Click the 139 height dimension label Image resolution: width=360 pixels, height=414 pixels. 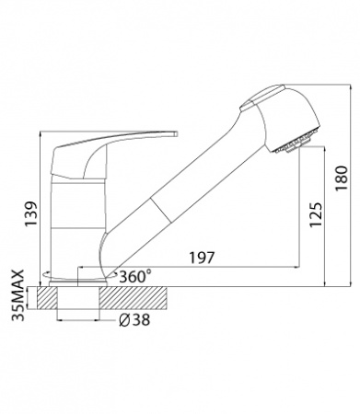[31, 214]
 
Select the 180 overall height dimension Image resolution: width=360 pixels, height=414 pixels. [342, 178]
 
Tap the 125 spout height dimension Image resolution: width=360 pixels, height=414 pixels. [316, 215]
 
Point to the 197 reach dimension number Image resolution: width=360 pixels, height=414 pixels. [201, 258]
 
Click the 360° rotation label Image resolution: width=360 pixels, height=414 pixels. [135, 277]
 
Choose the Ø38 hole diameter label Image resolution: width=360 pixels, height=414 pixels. [134, 320]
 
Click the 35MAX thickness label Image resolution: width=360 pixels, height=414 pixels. [18, 295]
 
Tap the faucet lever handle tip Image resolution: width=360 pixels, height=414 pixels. [176, 134]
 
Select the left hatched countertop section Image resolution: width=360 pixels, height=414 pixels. [48, 298]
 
